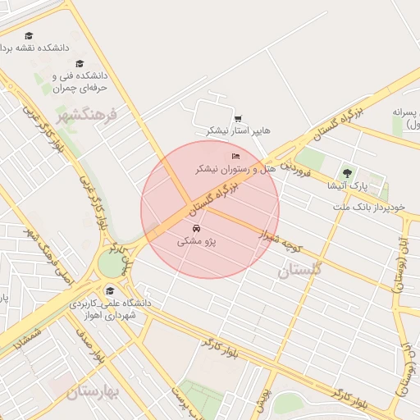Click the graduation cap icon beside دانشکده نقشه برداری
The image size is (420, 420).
[30, 36]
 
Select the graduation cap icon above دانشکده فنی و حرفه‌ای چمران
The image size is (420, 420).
[80, 64]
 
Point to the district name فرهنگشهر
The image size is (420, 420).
[87, 114]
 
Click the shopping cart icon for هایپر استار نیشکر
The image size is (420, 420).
[238, 118]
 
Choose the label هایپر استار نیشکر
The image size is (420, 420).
[238, 130]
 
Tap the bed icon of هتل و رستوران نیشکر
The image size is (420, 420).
[236, 156]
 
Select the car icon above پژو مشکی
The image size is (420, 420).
[195, 228]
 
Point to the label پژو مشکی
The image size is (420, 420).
[195, 242]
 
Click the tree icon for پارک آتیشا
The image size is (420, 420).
[347, 173]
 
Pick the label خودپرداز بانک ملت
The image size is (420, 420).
[369, 206]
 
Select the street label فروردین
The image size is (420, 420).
[294, 170]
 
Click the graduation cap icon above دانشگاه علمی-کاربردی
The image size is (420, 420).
[110, 290]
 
